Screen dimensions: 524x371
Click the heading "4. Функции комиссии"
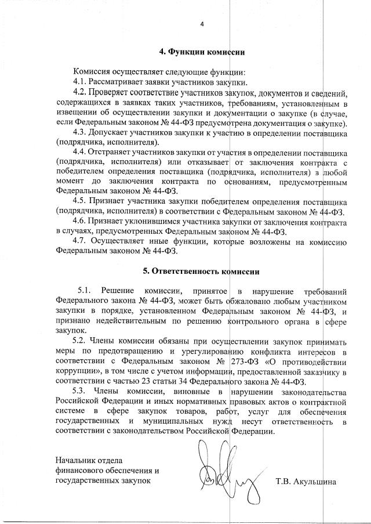202,52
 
